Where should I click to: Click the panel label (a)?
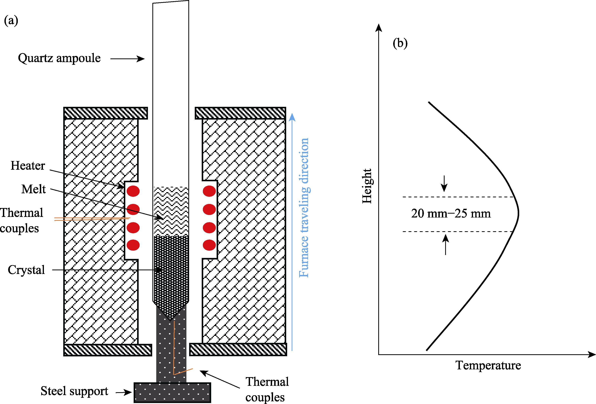coord(11,21)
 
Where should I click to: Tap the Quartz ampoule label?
coord(59,58)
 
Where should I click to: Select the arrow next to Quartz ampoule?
coord(127,59)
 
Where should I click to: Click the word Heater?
coord(28,166)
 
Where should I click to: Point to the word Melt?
coord(34,189)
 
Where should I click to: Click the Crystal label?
coord(26,270)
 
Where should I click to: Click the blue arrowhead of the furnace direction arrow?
coord(292,117)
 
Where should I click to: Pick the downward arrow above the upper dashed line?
coord(444,184)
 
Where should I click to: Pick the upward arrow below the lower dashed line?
coord(446,244)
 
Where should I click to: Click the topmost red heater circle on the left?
coord(133,191)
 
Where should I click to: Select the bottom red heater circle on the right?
coord(209,245)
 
